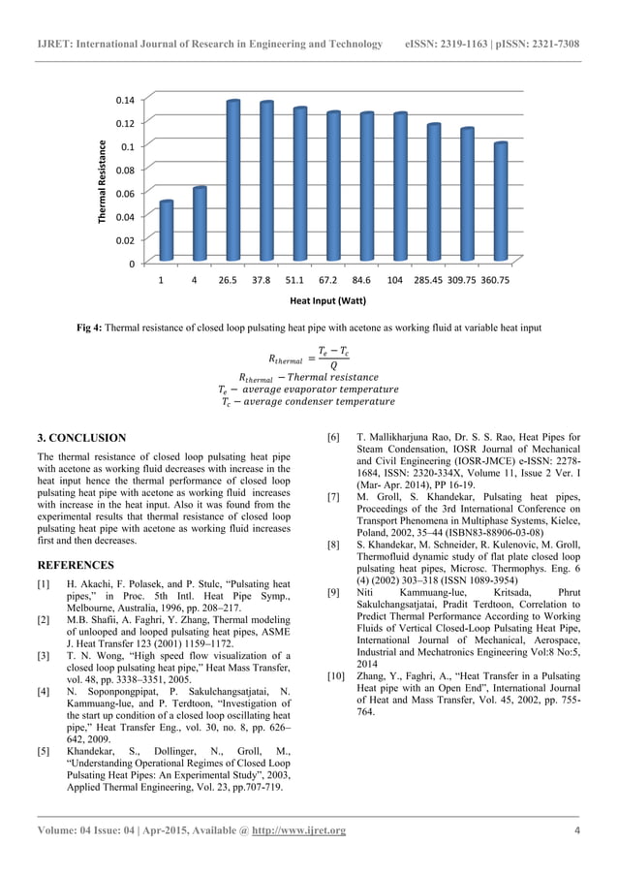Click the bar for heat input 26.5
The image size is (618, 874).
[x=233, y=181]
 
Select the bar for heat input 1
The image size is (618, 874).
[x=166, y=232]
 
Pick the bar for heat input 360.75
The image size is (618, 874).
[x=499, y=203]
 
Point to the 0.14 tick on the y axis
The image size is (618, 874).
[x=125, y=100]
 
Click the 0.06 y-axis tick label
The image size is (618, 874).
[x=125, y=194]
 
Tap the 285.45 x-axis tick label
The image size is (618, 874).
[x=431, y=280]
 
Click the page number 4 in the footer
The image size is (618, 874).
[x=577, y=831]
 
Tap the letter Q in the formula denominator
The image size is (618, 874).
[x=333, y=365]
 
